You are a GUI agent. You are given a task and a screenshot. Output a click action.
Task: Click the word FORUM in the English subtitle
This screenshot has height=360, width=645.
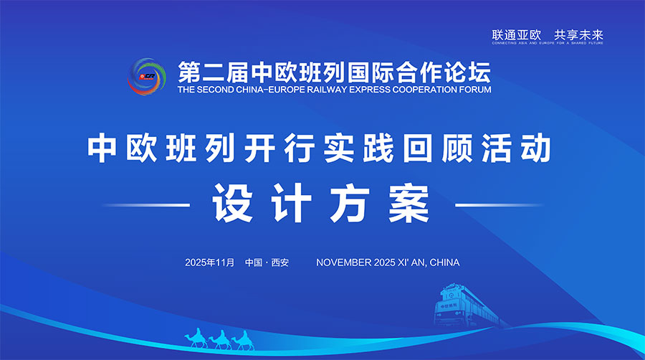[x=475, y=90]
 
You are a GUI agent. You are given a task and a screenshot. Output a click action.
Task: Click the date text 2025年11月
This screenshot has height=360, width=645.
[x=209, y=262]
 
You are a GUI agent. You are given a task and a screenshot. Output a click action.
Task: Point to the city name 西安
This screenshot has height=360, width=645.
[x=279, y=262]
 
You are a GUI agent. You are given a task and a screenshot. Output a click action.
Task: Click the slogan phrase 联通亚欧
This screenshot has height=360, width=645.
[x=512, y=34]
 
